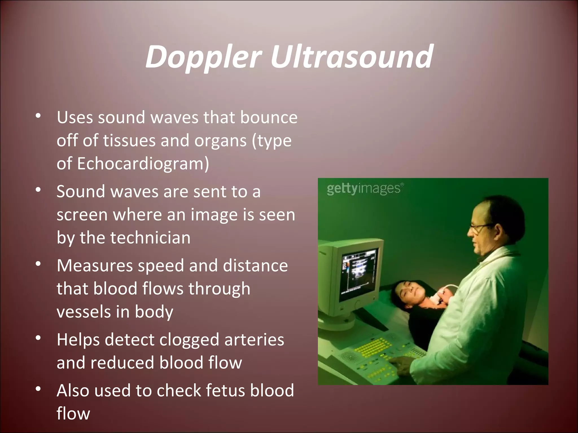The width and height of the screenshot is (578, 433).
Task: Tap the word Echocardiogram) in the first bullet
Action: pos(143,164)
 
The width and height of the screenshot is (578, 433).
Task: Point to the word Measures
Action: pos(95,266)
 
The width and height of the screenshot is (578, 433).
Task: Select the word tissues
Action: pos(129,141)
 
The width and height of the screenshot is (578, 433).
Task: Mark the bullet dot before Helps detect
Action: pos(38,338)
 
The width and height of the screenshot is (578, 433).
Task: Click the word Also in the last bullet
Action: pos(73,391)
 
